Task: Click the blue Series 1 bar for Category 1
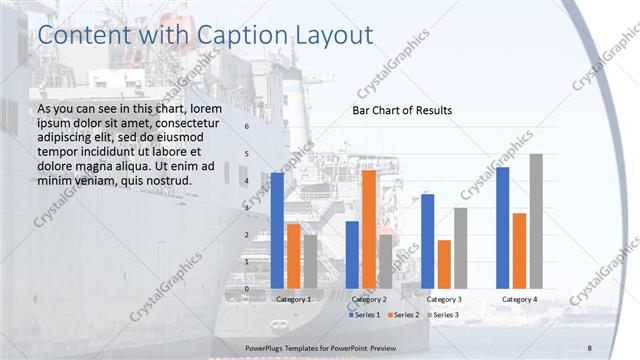coord(277,231)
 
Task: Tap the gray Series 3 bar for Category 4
coord(536,221)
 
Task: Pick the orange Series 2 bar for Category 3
coord(444,264)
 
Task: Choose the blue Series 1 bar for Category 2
coord(352,255)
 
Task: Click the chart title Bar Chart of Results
coord(401,110)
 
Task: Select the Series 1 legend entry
coord(365,315)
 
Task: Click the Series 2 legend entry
coord(404,315)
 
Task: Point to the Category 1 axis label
coord(293,299)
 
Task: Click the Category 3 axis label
coord(444,299)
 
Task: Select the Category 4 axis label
coord(519,299)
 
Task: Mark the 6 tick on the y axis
coord(246,127)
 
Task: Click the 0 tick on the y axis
coord(246,289)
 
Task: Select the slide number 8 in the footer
coord(590,347)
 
